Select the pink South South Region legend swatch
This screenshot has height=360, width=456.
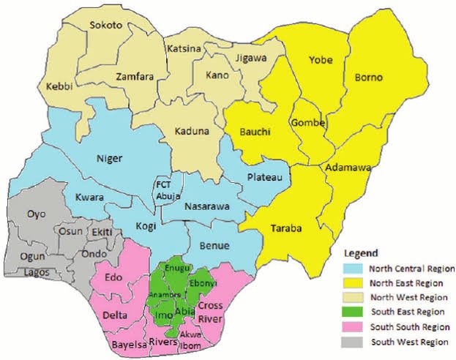355,327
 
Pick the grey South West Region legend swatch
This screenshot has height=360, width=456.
355,342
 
